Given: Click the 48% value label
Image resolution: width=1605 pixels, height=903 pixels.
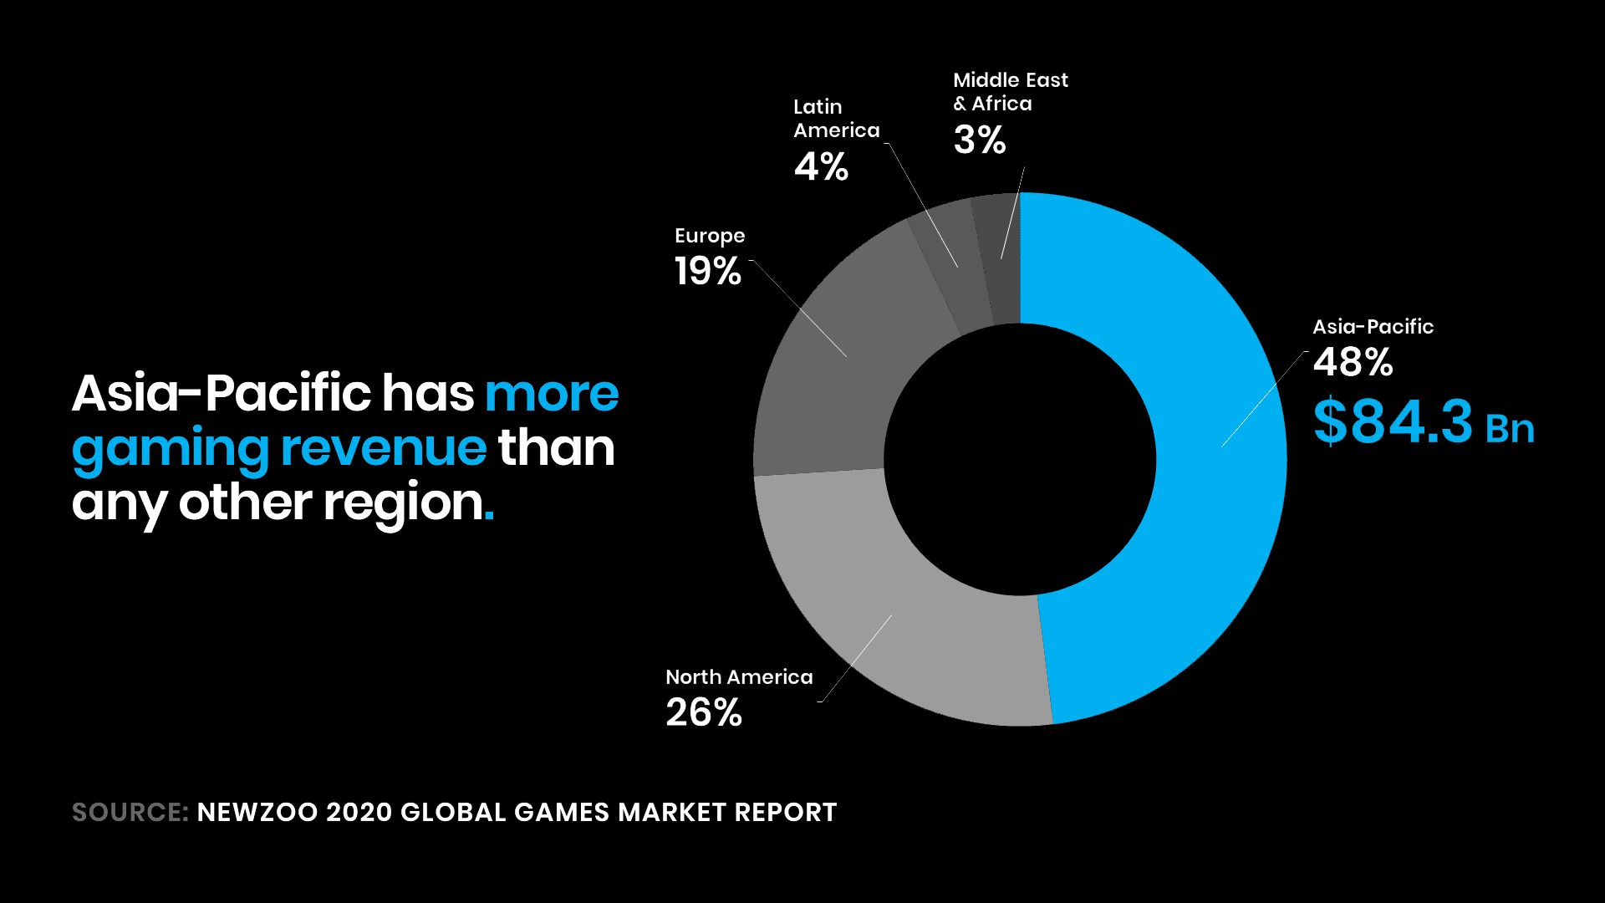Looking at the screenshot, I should [x=1353, y=363].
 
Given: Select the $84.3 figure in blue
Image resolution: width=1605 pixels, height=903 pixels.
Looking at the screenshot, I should [x=1392, y=421].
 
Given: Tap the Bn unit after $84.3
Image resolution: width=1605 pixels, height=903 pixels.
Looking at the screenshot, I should [x=1510, y=429].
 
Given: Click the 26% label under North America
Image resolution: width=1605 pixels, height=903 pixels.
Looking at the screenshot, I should [x=703, y=713].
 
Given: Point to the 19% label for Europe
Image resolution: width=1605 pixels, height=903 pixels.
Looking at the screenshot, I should [x=707, y=272].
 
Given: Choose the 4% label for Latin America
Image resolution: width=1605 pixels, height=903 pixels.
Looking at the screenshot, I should [x=821, y=167].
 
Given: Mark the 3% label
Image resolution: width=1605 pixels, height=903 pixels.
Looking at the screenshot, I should [x=979, y=140].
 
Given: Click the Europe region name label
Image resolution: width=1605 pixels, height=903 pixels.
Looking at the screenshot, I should [x=710, y=237].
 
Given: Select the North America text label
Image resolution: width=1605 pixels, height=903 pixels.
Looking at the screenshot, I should [x=739, y=677].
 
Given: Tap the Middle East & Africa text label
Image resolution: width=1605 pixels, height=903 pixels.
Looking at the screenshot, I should [x=1010, y=92].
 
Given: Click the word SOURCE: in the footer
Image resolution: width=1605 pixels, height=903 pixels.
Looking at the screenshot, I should [x=130, y=813].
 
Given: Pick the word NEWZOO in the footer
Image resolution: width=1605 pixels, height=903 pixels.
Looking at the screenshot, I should [x=257, y=813].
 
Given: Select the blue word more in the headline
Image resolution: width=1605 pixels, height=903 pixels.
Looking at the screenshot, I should [x=552, y=394].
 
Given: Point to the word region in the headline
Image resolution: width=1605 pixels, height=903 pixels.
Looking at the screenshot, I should [x=403, y=503].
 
